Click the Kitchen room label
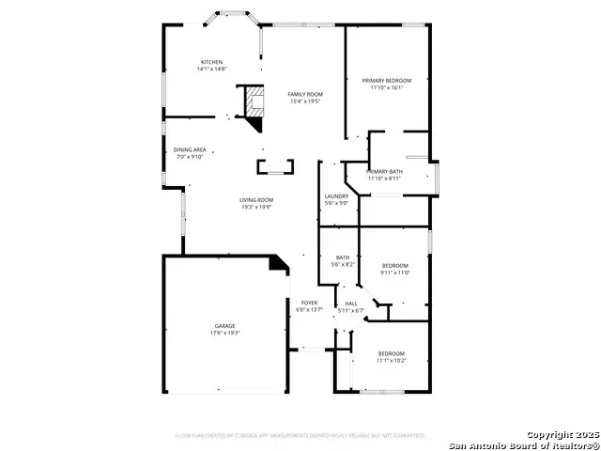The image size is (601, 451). tap(211, 62)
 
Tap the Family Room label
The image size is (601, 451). tap(305, 95)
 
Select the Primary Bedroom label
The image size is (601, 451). tap(387, 81)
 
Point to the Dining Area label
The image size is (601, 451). tap(190, 149)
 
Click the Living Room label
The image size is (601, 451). tap(255, 199)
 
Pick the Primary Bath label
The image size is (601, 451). tap(384, 171)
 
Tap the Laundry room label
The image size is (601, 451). tap(336, 195)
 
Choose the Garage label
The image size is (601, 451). tap(223, 326)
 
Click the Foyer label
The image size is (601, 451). tap(309, 303)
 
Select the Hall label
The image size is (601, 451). tap(351, 303)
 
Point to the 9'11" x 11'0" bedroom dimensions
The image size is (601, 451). tap(394, 272)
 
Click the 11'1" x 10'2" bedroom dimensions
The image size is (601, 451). tap(391, 360)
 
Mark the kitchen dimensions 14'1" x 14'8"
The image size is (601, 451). tap(211, 70)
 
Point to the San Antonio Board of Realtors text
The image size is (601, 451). tap(523, 444)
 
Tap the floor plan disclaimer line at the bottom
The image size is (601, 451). tap(300, 436)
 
